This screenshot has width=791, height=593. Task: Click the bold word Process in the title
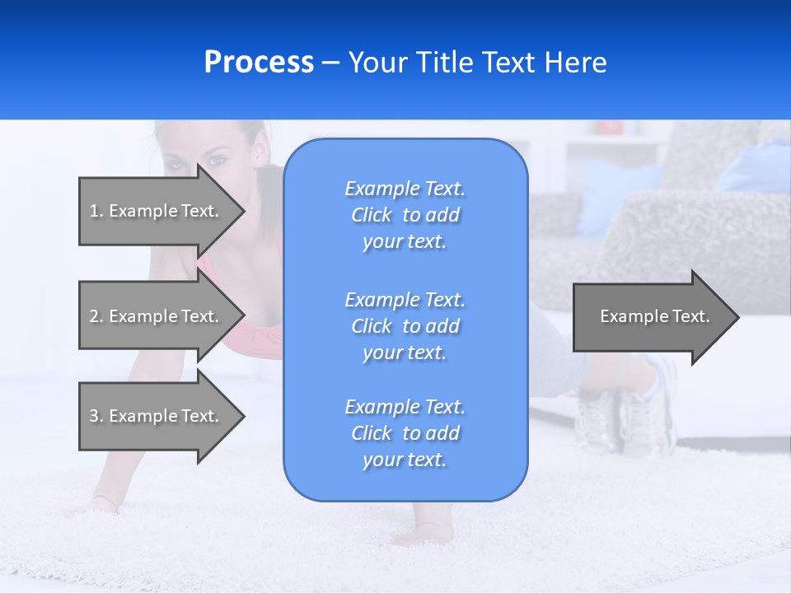tap(259, 63)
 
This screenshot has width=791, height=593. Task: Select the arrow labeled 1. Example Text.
tap(157, 211)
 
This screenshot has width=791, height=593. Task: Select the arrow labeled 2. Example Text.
tap(157, 316)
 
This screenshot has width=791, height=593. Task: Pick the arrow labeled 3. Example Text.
tap(157, 416)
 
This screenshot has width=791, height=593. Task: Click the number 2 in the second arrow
tap(94, 316)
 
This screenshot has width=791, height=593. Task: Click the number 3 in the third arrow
tap(94, 416)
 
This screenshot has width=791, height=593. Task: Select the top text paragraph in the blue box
tap(405, 215)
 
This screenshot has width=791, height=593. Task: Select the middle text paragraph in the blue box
tap(405, 326)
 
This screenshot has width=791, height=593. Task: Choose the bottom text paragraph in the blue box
tap(405, 433)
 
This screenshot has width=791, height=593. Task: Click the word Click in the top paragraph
tap(371, 215)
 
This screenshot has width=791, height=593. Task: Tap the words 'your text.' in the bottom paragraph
tap(405, 460)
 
